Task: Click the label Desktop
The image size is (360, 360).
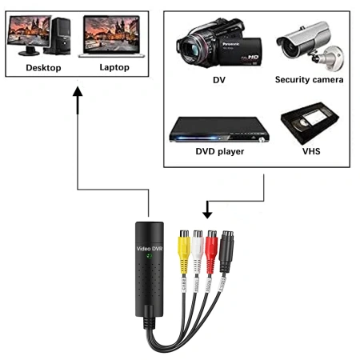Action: click(x=43, y=67)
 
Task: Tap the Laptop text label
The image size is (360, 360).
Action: click(x=114, y=67)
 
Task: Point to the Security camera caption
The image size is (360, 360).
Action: click(x=309, y=80)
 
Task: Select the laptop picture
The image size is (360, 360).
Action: click(x=112, y=35)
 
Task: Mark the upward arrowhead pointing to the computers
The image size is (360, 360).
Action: click(x=77, y=94)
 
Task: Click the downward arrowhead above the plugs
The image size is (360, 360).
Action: click(x=207, y=212)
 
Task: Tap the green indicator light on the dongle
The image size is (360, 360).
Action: click(x=150, y=258)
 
